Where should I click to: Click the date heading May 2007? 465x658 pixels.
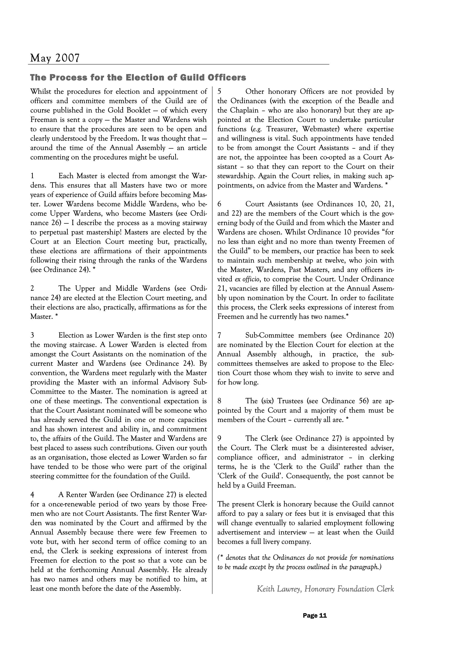coord(55,58)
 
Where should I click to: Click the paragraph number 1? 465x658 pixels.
coord(32,176)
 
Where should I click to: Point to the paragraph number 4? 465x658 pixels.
coord(32,495)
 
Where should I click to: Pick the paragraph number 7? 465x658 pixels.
coord(219,335)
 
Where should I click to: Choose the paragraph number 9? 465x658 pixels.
coord(219,438)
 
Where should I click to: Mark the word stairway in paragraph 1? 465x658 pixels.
coord(193,223)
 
